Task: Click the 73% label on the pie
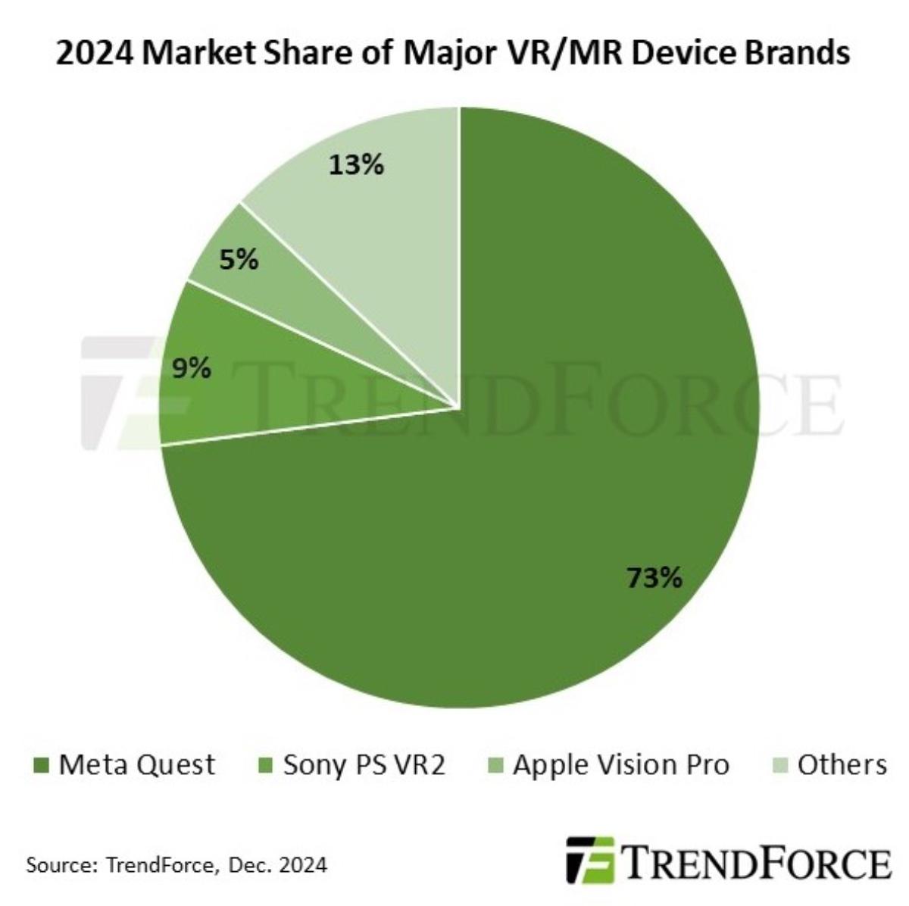click(x=654, y=579)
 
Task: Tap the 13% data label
click(x=356, y=164)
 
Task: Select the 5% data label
click(x=239, y=261)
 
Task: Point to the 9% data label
click(x=191, y=369)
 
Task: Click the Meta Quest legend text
click(x=137, y=764)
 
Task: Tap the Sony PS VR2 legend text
click(x=364, y=764)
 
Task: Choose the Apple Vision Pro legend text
click(x=621, y=764)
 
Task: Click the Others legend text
click(x=842, y=764)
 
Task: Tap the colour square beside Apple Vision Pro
click(x=496, y=766)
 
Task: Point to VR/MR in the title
click(x=571, y=55)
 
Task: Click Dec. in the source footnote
click(x=257, y=864)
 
